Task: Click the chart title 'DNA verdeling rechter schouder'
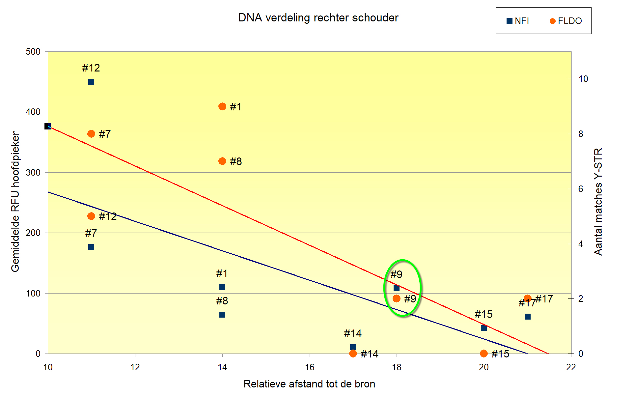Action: click(x=318, y=18)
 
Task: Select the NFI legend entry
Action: click(x=517, y=21)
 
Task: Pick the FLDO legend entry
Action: click(x=566, y=21)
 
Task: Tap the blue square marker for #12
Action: click(x=91, y=82)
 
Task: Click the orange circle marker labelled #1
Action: click(x=222, y=106)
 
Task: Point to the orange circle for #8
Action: click(x=222, y=161)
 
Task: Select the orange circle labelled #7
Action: click(x=91, y=134)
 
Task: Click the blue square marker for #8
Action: click(x=222, y=315)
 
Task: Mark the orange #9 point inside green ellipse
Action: click(x=397, y=298)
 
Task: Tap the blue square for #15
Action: click(x=484, y=328)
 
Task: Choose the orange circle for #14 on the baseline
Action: click(x=353, y=354)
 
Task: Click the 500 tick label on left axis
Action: click(x=33, y=52)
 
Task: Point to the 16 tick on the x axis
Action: click(x=309, y=367)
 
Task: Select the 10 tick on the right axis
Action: click(x=583, y=79)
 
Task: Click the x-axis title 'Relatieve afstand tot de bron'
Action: click(x=309, y=384)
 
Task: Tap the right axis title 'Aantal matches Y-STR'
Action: click(x=598, y=202)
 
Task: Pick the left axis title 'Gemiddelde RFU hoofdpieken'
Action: click(x=15, y=201)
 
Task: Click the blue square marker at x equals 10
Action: click(x=48, y=126)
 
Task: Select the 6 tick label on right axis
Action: click(x=581, y=189)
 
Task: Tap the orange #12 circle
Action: click(x=91, y=216)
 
